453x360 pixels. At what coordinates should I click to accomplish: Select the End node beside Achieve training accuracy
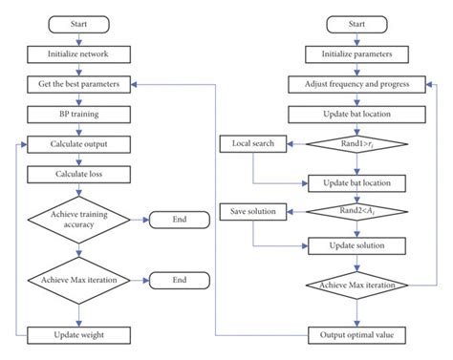(x=179, y=221)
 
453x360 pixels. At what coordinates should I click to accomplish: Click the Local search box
(x=252, y=145)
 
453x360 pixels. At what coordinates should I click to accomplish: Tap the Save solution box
(x=252, y=210)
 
